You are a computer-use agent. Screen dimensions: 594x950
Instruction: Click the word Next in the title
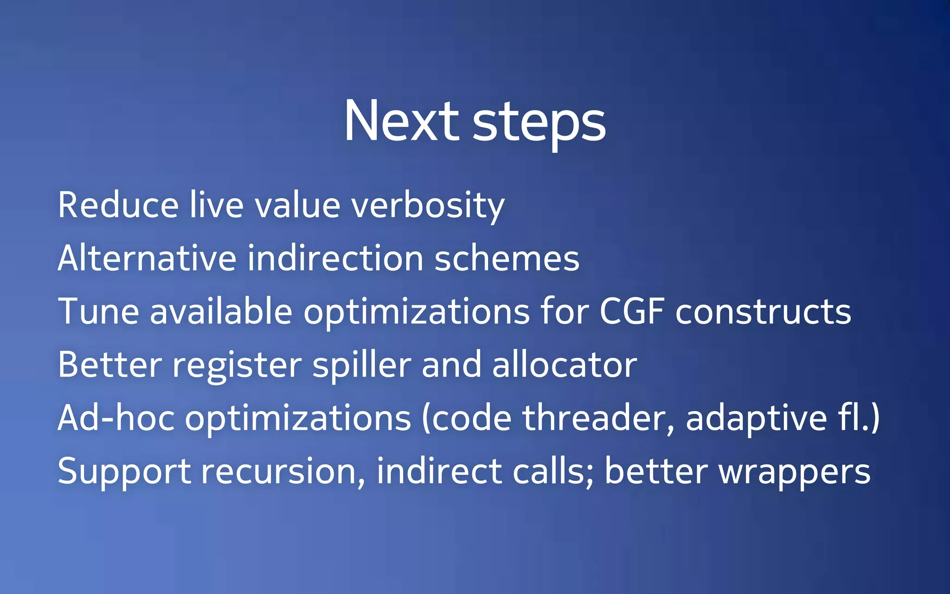coord(401,122)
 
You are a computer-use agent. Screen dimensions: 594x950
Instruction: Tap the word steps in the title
coord(539,123)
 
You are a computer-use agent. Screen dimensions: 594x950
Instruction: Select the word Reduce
coord(118,205)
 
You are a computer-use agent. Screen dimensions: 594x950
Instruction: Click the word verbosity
coord(428,207)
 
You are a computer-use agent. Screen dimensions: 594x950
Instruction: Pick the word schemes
coord(507,258)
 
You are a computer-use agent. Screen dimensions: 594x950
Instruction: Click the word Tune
coord(98,311)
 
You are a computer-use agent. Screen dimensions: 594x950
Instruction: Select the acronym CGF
coord(632,311)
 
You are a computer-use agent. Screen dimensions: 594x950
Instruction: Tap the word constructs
coord(763,311)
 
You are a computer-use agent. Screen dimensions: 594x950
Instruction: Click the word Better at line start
coord(110,365)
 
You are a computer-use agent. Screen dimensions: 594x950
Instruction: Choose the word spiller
coord(362,366)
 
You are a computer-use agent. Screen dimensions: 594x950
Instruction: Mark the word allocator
coord(565,365)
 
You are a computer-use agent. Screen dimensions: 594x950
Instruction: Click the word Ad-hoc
coord(116,418)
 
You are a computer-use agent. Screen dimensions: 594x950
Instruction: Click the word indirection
coord(335,258)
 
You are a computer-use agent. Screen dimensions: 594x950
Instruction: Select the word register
coord(237,366)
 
